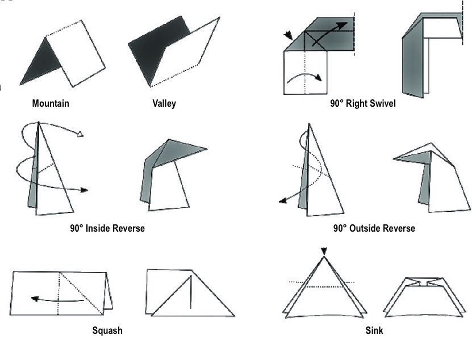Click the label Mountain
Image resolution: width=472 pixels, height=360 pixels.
click(x=51, y=103)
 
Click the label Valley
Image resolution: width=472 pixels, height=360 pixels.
click(x=164, y=103)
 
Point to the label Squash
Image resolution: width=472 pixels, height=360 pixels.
click(x=107, y=330)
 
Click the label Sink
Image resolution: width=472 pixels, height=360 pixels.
click(x=374, y=330)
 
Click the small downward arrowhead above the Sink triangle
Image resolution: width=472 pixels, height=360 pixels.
click(x=324, y=251)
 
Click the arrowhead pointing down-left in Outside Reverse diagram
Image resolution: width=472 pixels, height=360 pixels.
click(x=282, y=200)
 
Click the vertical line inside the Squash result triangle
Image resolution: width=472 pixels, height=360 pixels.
click(x=190, y=293)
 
